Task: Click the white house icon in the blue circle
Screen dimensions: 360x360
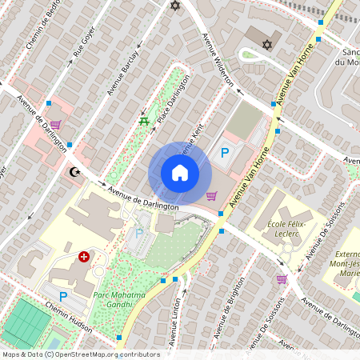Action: pos(180,172)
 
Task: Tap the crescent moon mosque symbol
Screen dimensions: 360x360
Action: pos(76,171)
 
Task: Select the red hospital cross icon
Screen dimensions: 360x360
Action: pos(85,257)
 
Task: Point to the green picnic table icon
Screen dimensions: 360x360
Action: pos(143,121)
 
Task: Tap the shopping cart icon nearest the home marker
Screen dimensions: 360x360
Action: pos(211,195)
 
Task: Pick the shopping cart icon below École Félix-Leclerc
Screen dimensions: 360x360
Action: pos(282,279)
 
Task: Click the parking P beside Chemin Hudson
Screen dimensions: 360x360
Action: pos(63,296)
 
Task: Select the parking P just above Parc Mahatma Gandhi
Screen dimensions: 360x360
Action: pos(138,234)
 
